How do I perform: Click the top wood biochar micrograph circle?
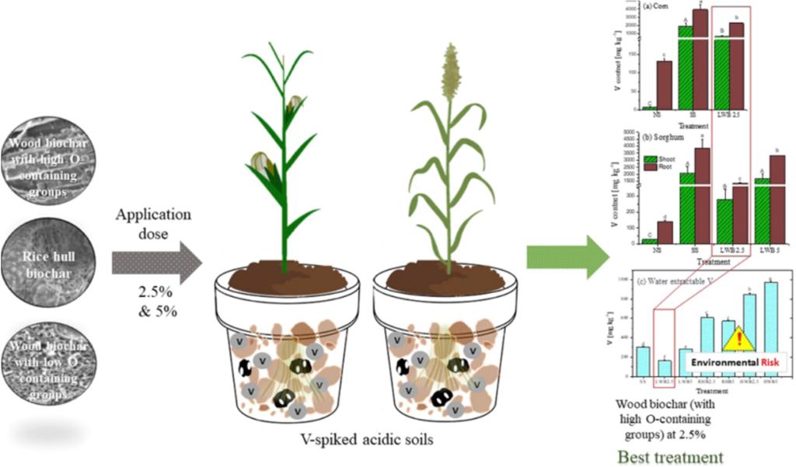48,159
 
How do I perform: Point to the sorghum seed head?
449,71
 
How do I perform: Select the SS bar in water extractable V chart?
642,361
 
